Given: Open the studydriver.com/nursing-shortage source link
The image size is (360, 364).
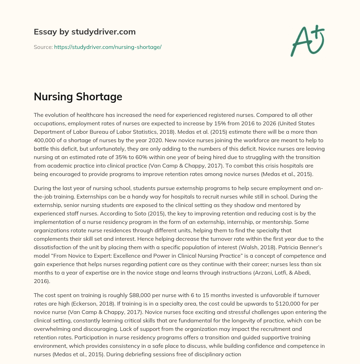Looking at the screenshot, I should click(x=108, y=47).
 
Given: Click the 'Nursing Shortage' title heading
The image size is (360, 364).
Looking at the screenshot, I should click(x=78, y=97).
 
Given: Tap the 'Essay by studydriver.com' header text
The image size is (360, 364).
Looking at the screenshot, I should click(x=84, y=32).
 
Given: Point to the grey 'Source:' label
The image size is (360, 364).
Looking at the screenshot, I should click(x=43, y=47).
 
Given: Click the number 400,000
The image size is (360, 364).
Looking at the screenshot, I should click(x=45, y=140).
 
